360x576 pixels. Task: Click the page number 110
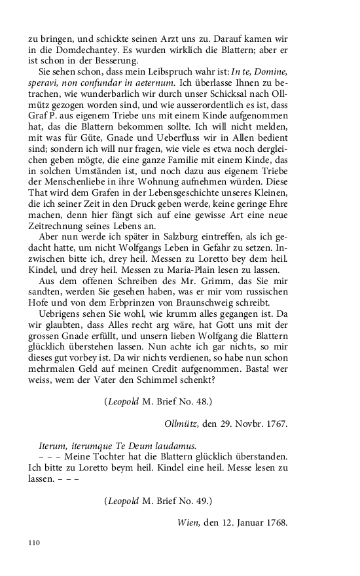pyautogui.click(x=35, y=543)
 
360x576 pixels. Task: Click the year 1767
pyautogui.click(x=275, y=423)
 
